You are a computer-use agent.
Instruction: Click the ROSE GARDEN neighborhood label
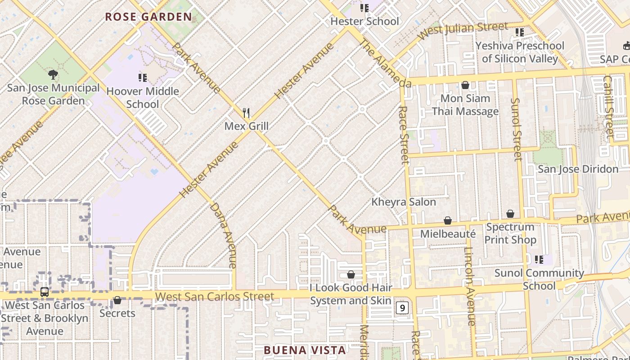(x=148, y=17)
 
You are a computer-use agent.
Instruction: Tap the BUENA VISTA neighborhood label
(x=305, y=350)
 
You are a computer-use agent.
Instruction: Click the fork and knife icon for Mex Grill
(x=246, y=112)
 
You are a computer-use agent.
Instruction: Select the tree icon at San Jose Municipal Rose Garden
(x=53, y=75)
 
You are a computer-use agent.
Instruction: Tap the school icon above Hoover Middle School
(x=143, y=78)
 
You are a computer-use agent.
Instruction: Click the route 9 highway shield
(x=402, y=308)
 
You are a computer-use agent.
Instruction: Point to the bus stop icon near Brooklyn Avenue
(x=45, y=292)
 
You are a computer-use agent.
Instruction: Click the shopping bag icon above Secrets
(x=117, y=300)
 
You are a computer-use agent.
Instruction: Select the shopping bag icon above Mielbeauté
(x=448, y=220)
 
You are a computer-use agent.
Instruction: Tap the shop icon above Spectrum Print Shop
(x=510, y=214)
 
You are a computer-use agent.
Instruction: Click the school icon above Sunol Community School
(x=539, y=260)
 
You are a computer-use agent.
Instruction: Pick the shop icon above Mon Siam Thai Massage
(x=465, y=85)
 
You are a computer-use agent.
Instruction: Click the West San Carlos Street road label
(x=215, y=297)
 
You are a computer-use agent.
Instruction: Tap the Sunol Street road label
(x=517, y=129)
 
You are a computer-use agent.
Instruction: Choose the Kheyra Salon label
(x=404, y=202)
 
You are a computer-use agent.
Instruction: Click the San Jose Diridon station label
(x=578, y=169)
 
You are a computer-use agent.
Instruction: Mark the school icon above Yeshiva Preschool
(x=520, y=32)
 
